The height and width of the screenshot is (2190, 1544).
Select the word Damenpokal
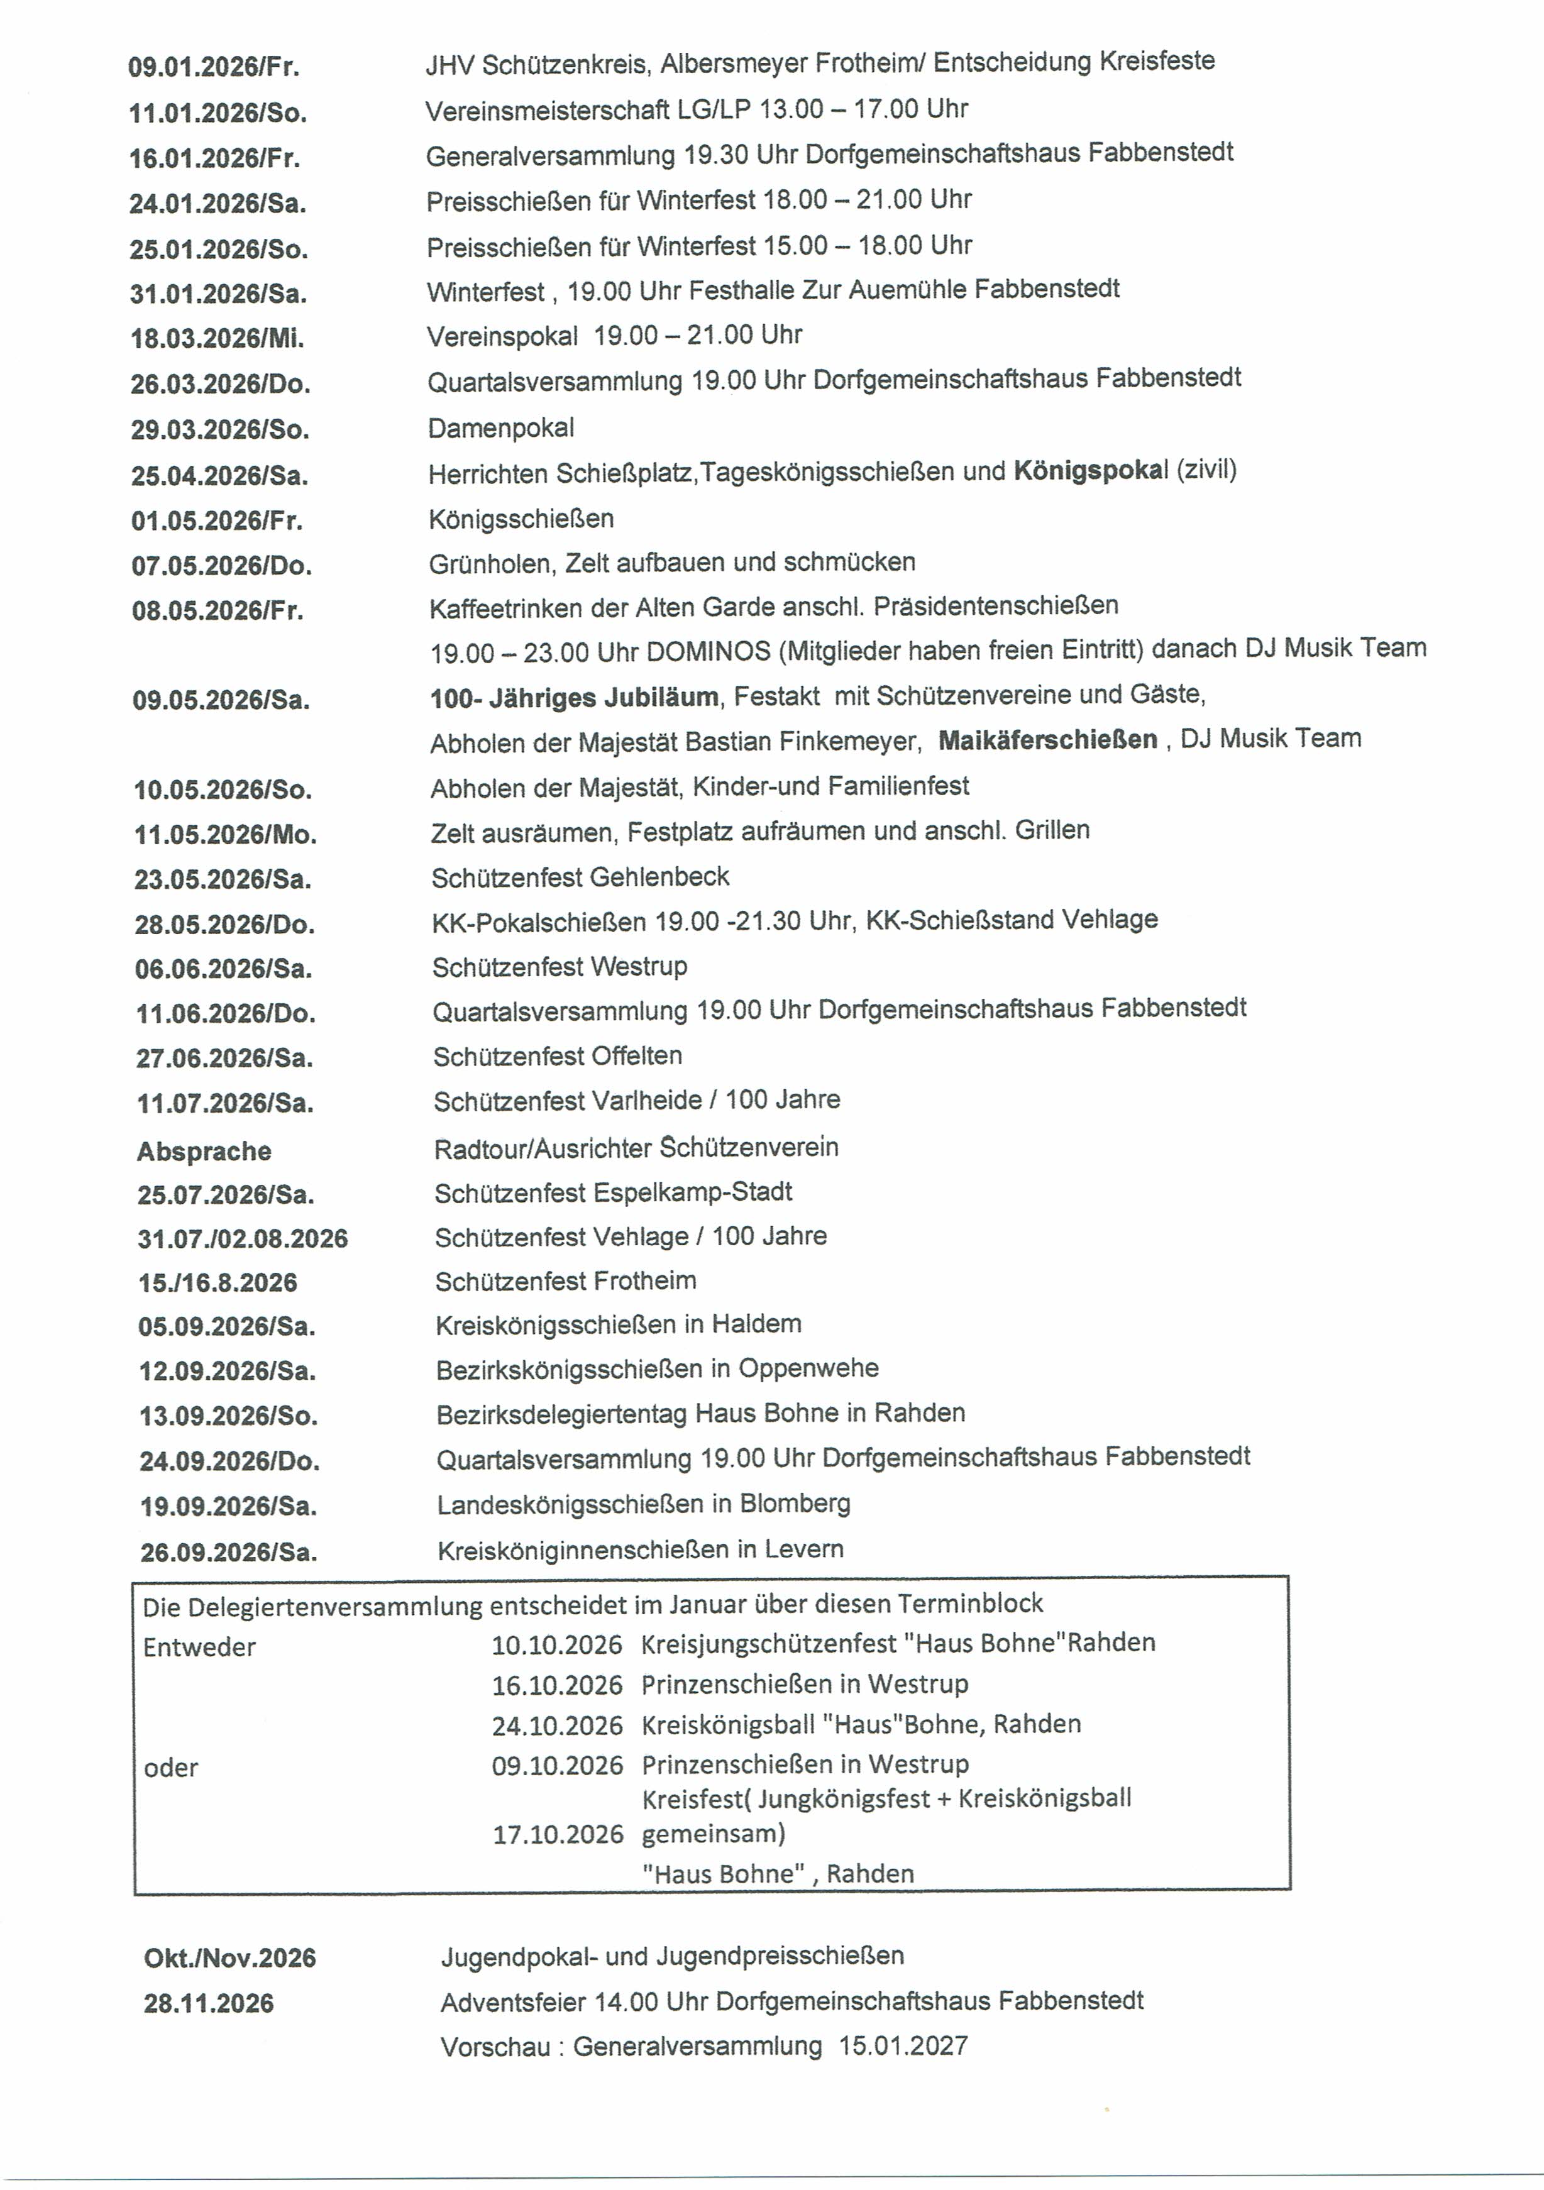pyautogui.click(x=500, y=428)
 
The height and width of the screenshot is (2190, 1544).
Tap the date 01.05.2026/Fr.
pyautogui.click(x=216, y=521)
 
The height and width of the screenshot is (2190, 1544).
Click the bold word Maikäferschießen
pyautogui.click(x=1048, y=739)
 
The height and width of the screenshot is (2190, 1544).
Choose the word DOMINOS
pyautogui.click(x=708, y=651)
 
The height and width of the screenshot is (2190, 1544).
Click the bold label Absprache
pyautogui.click(x=204, y=1152)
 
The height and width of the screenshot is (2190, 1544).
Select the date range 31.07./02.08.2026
pyautogui.click(x=243, y=1239)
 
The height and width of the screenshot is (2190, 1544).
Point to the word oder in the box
pyautogui.click(x=171, y=1768)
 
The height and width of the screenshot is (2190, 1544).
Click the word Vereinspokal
pyautogui.click(x=502, y=336)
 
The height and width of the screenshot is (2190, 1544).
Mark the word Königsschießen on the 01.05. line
pyautogui.click(x=521, y=519)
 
